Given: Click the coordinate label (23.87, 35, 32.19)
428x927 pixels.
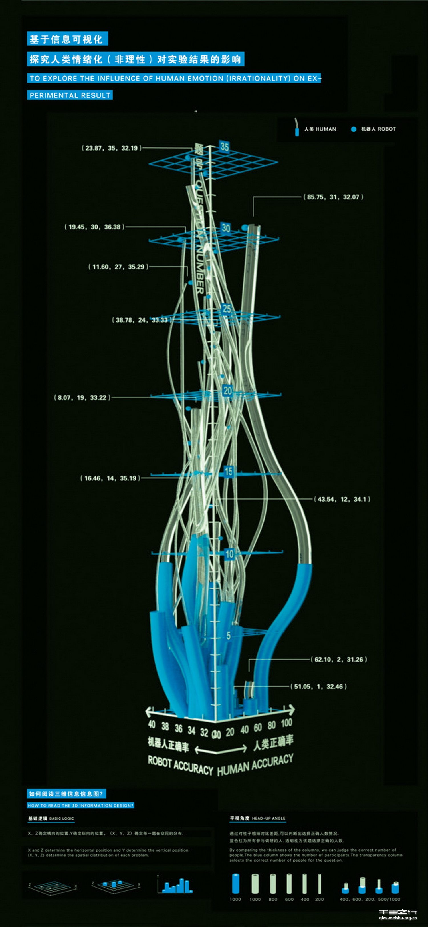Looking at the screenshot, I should coord(111,148).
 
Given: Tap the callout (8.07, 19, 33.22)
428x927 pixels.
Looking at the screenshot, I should coord(82,398).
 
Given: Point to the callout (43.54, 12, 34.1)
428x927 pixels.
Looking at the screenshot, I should coord(342,499).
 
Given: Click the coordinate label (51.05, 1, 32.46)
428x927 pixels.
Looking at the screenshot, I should coord(318,686).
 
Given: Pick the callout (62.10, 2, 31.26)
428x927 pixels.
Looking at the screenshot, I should coord(339,659).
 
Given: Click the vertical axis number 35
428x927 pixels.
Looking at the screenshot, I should coord(225,147).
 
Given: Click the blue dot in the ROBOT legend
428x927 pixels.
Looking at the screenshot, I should coord(353,129).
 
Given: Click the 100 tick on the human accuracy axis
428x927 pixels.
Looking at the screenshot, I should coord(286,723).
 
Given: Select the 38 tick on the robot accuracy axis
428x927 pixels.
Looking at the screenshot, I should coord(165,726).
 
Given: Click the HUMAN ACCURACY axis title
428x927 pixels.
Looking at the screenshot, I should coord(255,765).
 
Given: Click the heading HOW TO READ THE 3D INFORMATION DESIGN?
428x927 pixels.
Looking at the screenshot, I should coord(80,805).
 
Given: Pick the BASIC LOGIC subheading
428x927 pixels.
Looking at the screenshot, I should coord(61,818).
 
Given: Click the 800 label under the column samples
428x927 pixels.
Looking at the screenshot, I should coord(273,899).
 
